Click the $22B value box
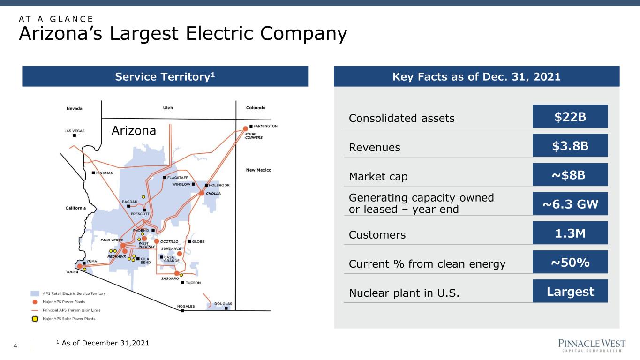(570, 116)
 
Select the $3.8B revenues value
(570, 145)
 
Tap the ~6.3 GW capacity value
(570, 204)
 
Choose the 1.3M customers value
(570, 233)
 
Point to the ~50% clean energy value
(570, 262)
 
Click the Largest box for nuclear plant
(570, 291)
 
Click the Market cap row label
(378, 177)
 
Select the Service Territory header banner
(165, 76)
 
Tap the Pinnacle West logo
(592, 345)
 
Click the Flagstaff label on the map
(177, 178)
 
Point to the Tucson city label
(193, 283)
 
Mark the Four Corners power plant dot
(245, 128)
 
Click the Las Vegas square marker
(74, 135)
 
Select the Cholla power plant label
(213, 194)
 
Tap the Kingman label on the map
(105, 173)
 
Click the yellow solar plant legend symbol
(35, 319)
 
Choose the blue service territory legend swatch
(35, 293)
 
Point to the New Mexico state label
(258, 170)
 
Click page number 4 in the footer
(15, 346)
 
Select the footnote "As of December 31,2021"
(105, 343)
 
